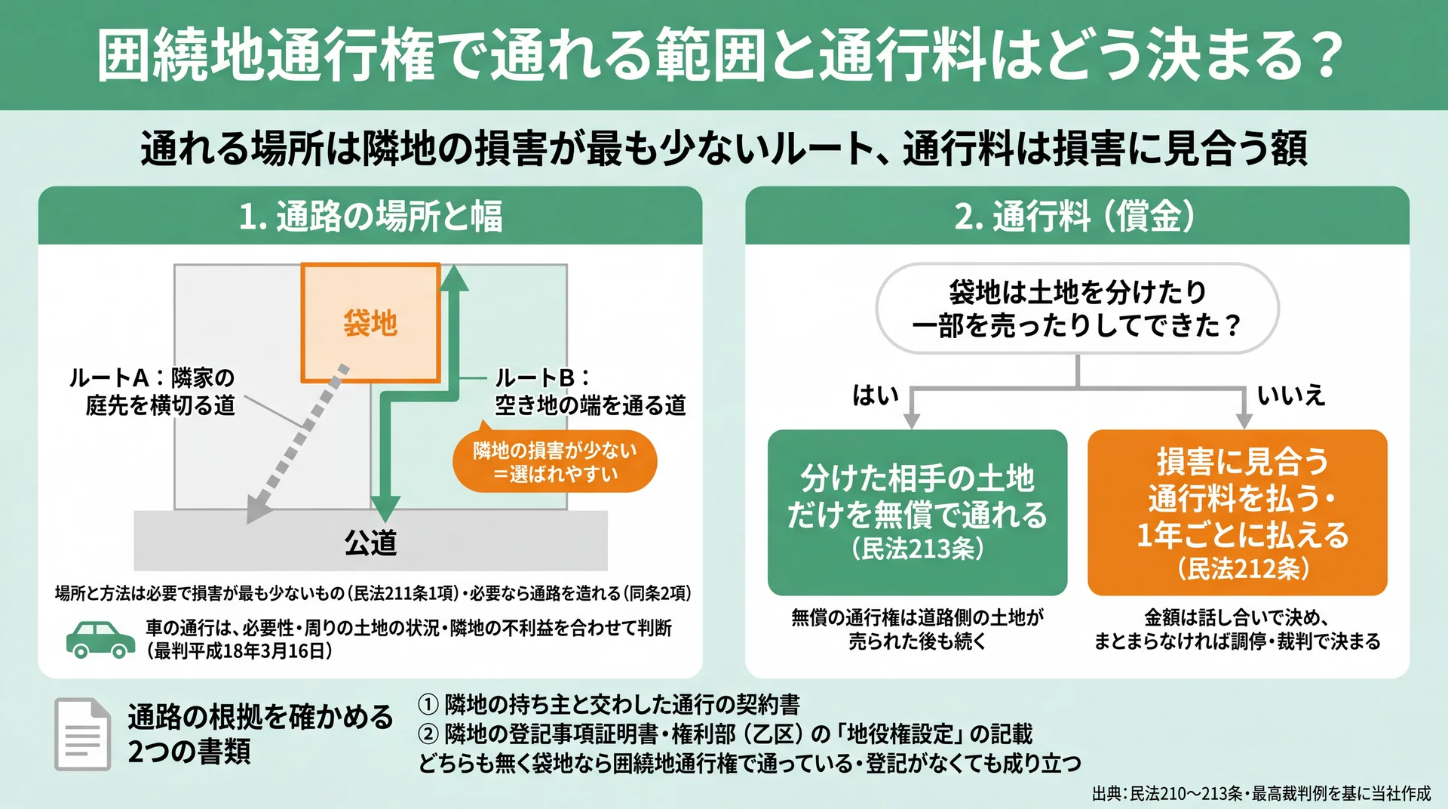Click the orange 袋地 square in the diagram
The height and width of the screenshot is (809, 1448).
(370, 323)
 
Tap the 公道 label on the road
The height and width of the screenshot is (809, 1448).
(370, 543)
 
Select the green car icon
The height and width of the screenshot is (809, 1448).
(100, 639)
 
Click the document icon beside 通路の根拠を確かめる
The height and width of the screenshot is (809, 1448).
(82, 734)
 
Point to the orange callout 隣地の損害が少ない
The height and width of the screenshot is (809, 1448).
(554, 462)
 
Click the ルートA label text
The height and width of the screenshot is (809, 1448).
(152, 391)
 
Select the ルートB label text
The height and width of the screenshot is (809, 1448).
(590, 391)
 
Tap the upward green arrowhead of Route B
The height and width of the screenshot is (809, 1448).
(454, 277)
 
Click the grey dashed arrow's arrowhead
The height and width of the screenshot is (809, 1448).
(258, 508)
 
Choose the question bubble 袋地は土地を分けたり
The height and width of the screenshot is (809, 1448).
(1077, 308)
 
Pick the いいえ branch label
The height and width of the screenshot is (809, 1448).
(1291, 395)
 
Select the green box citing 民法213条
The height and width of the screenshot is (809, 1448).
(917, 512)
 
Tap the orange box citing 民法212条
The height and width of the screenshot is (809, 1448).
(1237, 512)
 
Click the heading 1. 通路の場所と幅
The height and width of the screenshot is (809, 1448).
(370, 217)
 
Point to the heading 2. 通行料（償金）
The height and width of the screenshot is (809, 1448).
(1076, 217)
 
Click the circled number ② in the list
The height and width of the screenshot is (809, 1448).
(428, 734)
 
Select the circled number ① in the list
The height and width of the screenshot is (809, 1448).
(428, 704)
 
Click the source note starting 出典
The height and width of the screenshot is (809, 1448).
(1261, 793)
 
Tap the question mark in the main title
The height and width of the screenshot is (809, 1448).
(1324, 55)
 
